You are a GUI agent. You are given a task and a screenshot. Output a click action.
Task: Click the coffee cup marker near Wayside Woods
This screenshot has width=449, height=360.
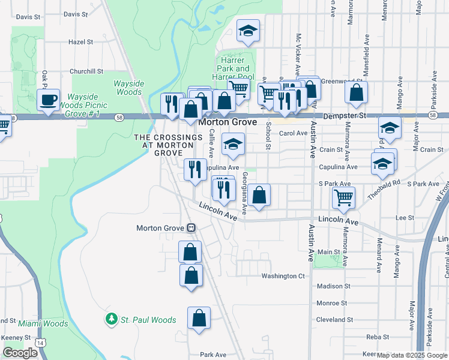click(49, 100)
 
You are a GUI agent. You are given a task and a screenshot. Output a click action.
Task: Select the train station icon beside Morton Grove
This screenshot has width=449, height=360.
click(191, 228)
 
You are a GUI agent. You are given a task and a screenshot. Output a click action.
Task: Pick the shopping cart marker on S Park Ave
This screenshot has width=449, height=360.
click(343, 197)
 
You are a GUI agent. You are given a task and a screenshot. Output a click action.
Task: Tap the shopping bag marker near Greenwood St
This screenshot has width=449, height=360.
click(356, 93)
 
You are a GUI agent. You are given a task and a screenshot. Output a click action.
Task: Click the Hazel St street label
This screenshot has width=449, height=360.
click(81, 43)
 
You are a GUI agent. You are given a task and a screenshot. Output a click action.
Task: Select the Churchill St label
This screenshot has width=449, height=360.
click(86, 71)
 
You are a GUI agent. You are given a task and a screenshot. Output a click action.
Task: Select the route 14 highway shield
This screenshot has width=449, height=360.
click(40, 342)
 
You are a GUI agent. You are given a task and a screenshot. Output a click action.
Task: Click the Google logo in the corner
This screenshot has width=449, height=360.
click(20, 353)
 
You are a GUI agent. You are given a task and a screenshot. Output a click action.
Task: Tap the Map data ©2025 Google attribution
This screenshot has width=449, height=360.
click(412, 355)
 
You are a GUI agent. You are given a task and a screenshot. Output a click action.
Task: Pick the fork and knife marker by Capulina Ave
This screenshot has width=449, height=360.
click(194, 169)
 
